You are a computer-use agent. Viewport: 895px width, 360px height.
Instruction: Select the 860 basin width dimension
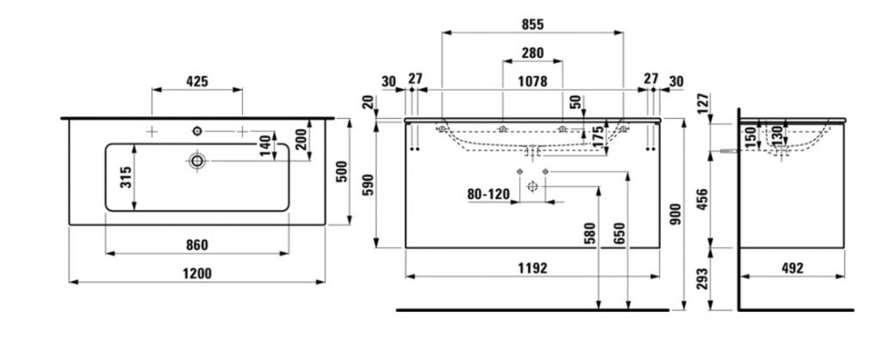(x=196, y=244)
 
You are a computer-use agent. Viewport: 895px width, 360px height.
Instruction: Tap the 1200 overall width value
(x=197, y=273)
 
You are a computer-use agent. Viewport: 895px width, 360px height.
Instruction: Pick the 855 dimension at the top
(x=532, y=24)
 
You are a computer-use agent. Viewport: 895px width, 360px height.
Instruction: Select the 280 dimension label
(x=532, y=53)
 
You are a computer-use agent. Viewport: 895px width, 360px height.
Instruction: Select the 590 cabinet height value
(x=369, y=184)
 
